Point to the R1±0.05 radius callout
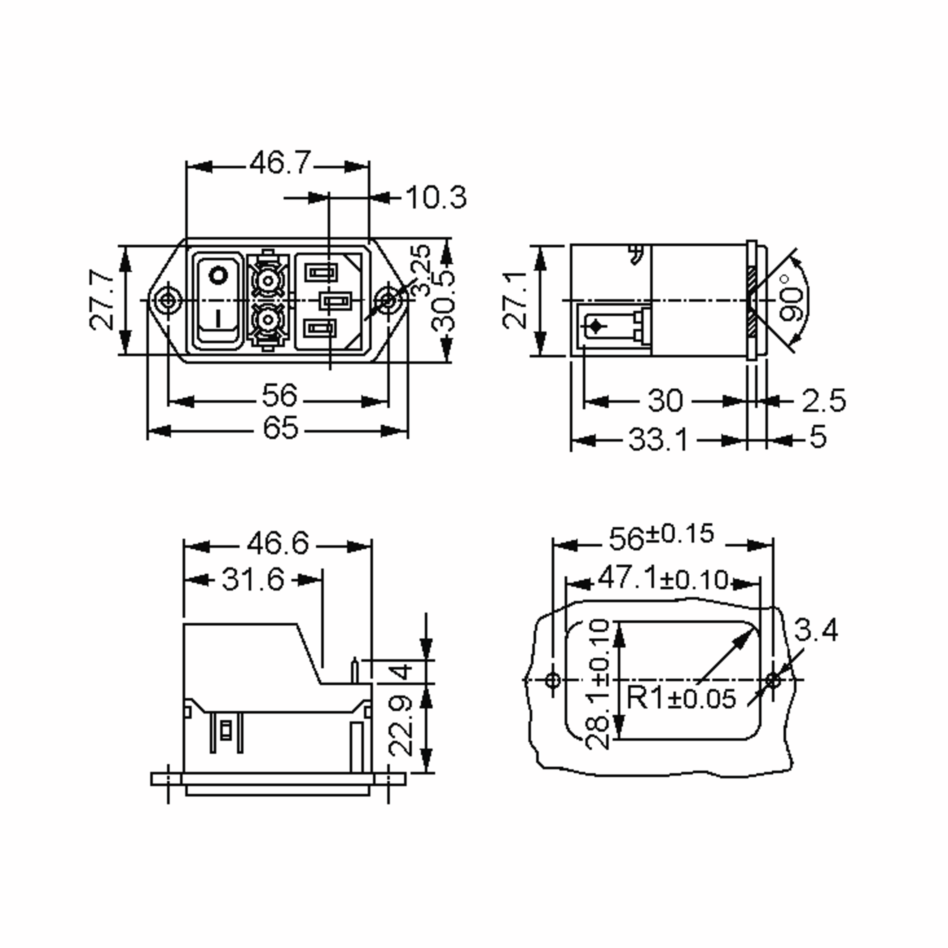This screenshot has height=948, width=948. click(x=681, y=698)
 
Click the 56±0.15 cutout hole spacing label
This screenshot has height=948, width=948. click(x=661, y=536)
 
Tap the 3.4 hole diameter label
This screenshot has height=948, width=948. click(x=816, y=630)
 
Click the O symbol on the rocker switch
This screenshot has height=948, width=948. click(x=218, y=276)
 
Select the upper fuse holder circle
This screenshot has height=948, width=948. click(x=267, y=281)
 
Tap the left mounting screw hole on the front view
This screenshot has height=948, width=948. click(x=168, y=300)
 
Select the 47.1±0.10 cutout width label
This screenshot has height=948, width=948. click(x=663, y=579)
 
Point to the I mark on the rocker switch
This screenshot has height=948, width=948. click(x=218, y=318)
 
